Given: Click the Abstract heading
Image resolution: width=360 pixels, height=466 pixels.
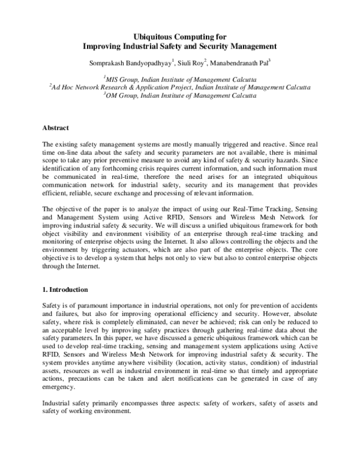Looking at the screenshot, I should [56, 128].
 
